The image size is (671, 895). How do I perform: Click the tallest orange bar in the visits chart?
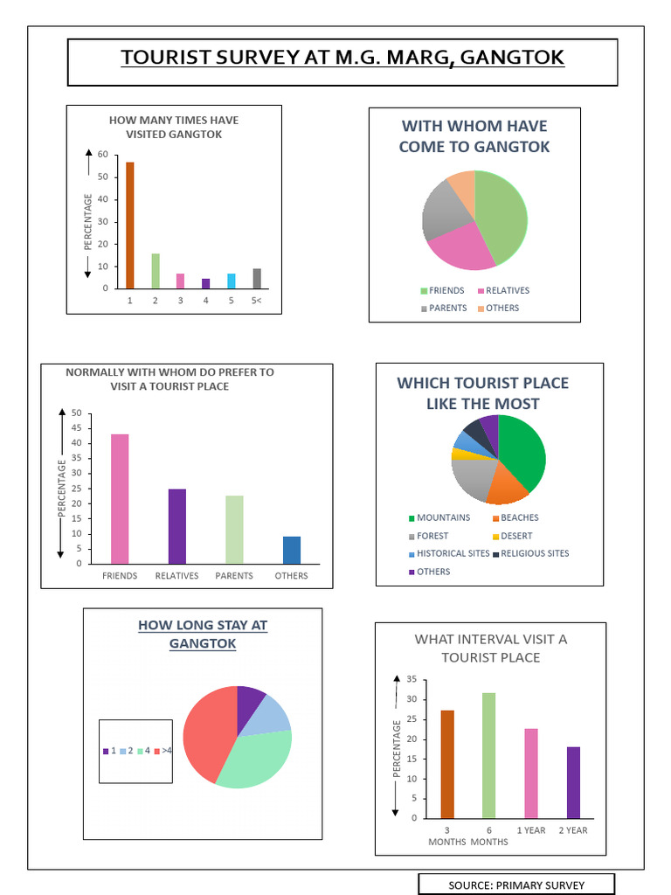[x=130, y=225]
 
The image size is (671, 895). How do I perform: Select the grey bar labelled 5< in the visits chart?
[x=257, y=278]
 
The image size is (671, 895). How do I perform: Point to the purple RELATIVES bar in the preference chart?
[x=177, y=526]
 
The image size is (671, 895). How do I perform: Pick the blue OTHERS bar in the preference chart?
[x=292, y=550]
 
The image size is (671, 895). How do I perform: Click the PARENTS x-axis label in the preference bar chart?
[x=234, y=576]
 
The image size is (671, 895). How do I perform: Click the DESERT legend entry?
[x=515, y=536]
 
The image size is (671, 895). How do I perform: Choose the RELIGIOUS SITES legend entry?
[x=534, y=553]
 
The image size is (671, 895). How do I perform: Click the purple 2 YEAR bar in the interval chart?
[x=573, y=781]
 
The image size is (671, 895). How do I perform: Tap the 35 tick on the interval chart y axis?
[x=412, y=679]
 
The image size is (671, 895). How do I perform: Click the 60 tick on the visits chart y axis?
[x=103, y=155]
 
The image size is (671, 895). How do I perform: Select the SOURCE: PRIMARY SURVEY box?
[x=516, y=885]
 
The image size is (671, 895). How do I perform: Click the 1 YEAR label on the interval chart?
[x=531, y=830]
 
